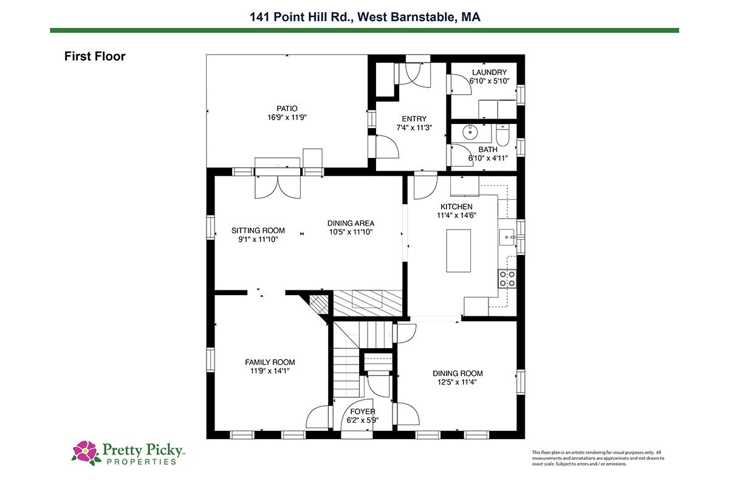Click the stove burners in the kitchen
pos(507,279)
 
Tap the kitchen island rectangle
pos(459,251)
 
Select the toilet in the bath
pos(503,135)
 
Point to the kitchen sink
pos(507,237)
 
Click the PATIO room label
pos(287,108)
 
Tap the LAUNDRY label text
pos(489,72)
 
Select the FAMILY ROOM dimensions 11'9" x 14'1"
pos(270,371)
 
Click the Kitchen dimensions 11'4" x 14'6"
pos(456,215)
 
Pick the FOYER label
pos(363,411)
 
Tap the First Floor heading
pos(95,56)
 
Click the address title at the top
pos(365,17)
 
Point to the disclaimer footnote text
pos(598,458)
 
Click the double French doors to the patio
pos(278,187)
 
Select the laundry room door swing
pos(461,84)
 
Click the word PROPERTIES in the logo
pos(142,462)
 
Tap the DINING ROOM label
pos(457,374)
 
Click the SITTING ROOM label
pos(258,230)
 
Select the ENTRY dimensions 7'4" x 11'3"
pos(414,128)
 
